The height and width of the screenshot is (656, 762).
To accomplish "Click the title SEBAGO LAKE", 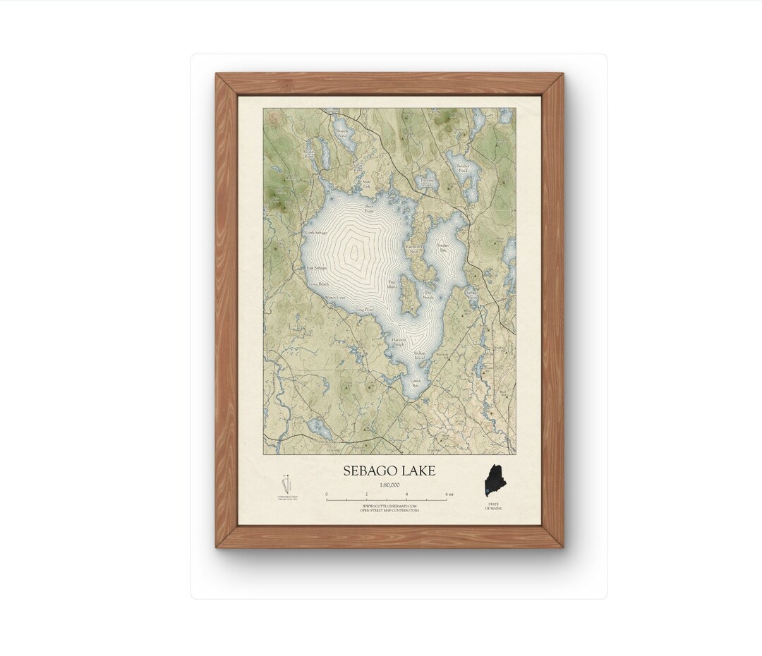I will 389,470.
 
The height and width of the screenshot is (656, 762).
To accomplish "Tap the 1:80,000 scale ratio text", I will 389,485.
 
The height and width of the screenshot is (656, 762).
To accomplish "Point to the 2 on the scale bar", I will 366,494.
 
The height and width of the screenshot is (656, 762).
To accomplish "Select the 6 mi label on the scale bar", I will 449,494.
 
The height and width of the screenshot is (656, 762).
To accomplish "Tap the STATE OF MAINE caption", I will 492,506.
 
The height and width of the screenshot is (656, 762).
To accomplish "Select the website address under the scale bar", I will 389,506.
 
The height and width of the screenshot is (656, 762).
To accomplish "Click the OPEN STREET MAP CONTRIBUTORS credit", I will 389,511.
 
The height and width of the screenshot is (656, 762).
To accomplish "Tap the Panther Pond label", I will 463,168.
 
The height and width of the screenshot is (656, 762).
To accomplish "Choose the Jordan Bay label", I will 443,248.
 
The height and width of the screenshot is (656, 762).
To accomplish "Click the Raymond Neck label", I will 413,248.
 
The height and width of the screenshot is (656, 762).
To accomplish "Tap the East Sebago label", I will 315,268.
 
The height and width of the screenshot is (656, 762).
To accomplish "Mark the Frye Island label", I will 393,286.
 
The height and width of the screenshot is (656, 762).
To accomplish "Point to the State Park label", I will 366,183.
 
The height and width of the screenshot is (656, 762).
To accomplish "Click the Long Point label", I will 364,309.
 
